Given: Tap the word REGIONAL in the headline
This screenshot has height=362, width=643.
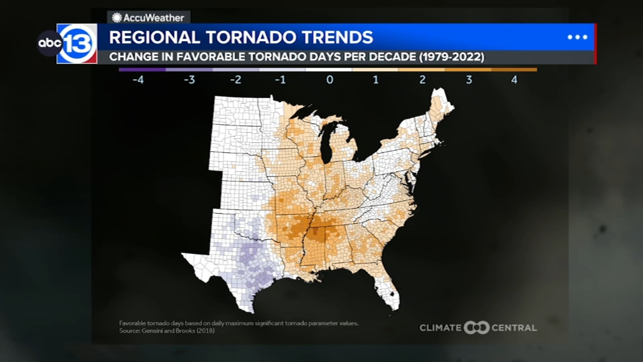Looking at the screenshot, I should coord(154,37).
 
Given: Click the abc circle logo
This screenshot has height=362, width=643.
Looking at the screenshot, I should coord(49,43).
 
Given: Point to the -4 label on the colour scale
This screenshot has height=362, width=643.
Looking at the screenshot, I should coord(138,80).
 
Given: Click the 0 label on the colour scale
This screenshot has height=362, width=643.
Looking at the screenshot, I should coord(330,80).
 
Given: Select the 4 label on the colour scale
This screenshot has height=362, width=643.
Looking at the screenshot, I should coord(514,80).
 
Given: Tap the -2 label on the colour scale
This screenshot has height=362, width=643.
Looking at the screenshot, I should coord(235,80).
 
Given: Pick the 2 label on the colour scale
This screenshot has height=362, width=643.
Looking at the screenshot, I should coord(422,80).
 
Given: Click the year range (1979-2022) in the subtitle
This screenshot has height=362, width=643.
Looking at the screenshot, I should coord(452,57).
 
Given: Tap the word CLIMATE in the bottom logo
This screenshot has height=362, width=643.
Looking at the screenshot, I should coord(440,328).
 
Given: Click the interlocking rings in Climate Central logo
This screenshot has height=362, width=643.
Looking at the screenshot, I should coord(476,327).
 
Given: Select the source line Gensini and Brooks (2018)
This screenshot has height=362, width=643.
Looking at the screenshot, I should coord(167,331).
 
